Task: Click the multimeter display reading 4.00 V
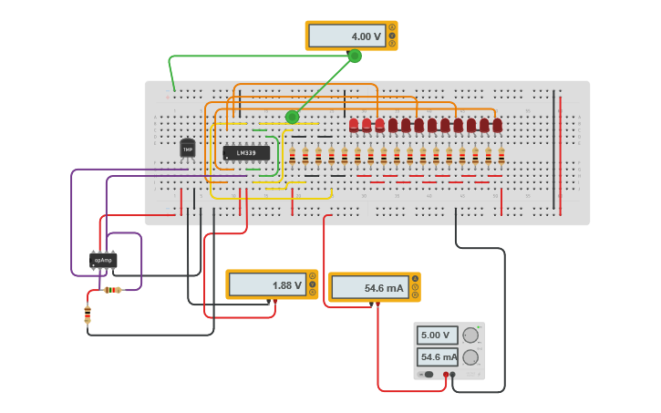click(347, 36)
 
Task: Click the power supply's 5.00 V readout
click(438, 335)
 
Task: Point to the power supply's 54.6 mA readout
click(438, 357)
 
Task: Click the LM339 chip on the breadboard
click(246, 153)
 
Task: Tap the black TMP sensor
click(188, 149)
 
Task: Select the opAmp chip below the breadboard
click(103, 261)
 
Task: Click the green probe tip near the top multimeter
click(355, 56)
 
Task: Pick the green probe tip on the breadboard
click(292, 117)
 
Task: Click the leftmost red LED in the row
click(354, 125)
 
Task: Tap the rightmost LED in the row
click(497, 125)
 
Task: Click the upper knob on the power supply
click(470, 335)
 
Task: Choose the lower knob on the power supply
click(470, 357)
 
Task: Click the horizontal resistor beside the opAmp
click(112, 290)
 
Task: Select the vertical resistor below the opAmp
click(88, 315)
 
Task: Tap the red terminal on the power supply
click(446, 375)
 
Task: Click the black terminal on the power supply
click(453, 375)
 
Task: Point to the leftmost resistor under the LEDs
click(292, 156)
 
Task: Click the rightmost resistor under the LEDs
click(501, 156)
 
